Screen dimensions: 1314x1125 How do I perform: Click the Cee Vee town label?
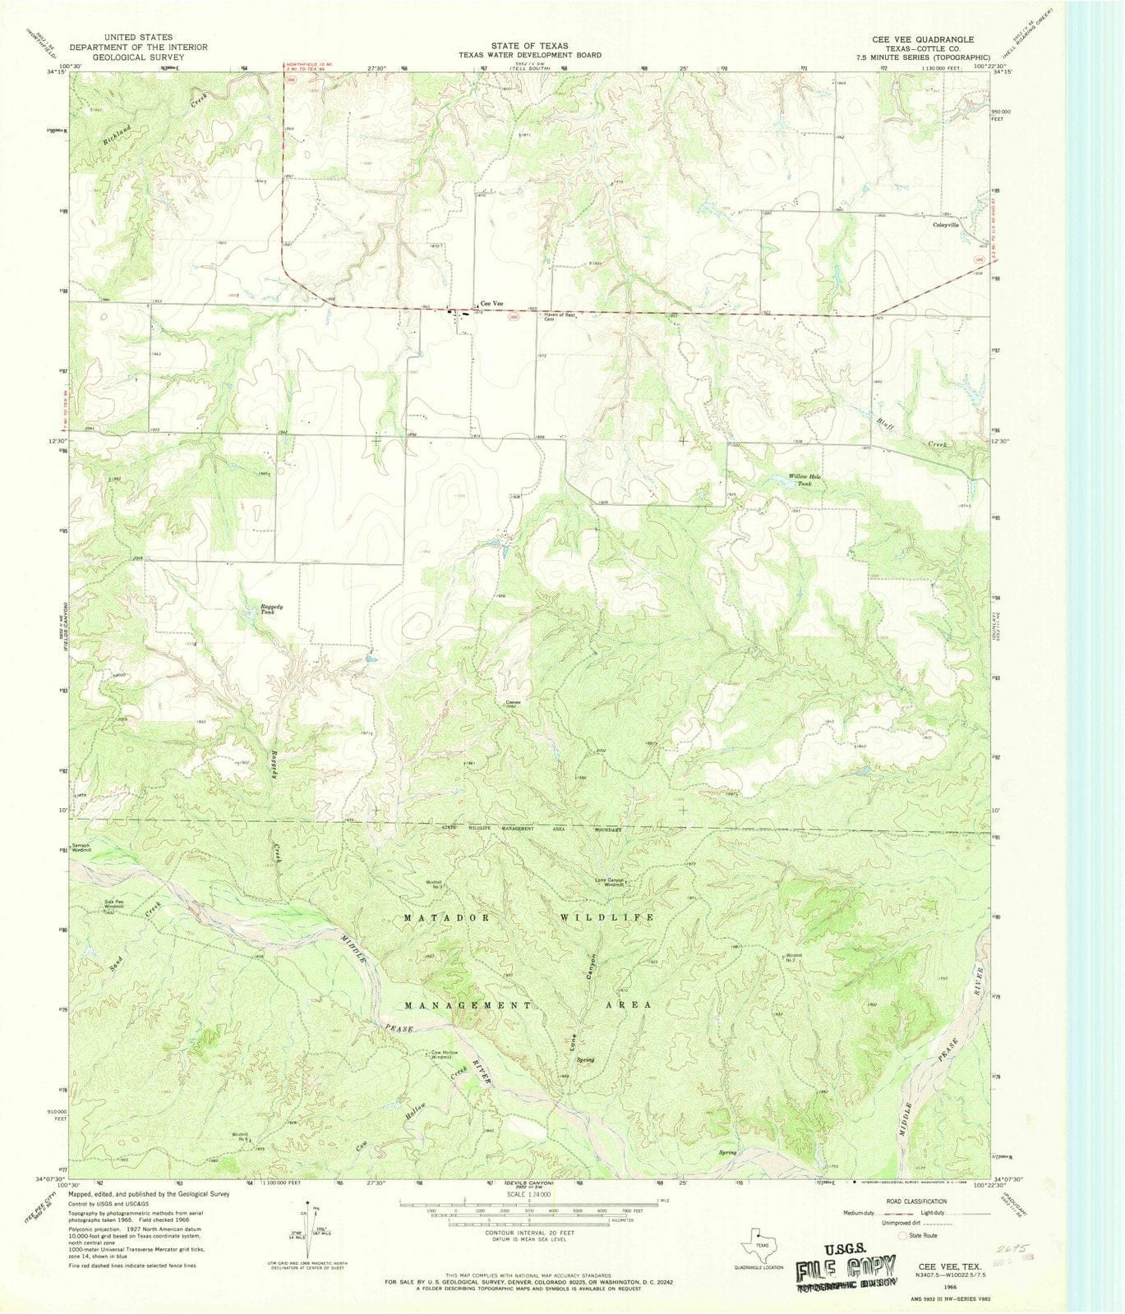coord(492,302)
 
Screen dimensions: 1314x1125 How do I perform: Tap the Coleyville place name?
coord(945,224)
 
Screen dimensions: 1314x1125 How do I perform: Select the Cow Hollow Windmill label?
coord(444,1054)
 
